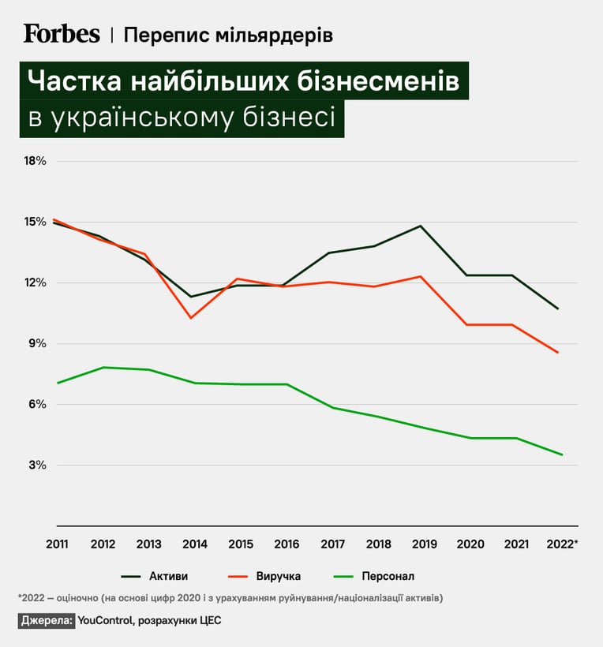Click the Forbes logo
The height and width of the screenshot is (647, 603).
tap(62, 34)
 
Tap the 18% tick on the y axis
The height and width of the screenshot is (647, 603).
tap(35, 161)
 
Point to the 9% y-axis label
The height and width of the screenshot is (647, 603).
tap(37, 343)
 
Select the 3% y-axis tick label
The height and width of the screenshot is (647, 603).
tap(37, 465)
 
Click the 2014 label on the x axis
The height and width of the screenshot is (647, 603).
tap(195, 544)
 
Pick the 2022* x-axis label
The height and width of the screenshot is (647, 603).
tap(562, 544)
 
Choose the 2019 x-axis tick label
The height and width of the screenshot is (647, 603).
tap(425, 544)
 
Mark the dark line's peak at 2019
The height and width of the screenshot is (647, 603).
tap(420, 226)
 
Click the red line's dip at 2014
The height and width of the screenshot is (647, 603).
tap(191, 318)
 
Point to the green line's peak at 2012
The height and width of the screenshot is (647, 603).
tap(103, 367)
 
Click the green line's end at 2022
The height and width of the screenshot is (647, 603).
tap(562, 454)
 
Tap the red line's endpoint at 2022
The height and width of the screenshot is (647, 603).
tap(558, 353)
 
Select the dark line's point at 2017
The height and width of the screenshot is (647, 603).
tap(329, 253)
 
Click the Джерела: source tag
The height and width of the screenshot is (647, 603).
tap(47, 620)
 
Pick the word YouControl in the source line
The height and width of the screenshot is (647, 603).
tap(105, 620)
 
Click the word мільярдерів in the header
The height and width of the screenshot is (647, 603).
tap(274, 35)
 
